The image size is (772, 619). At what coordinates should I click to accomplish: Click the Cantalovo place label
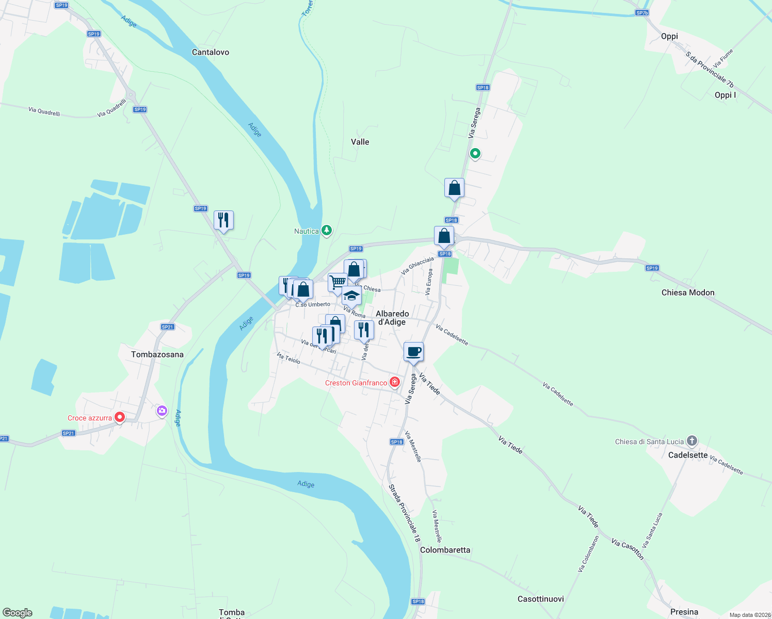tap(210, 52)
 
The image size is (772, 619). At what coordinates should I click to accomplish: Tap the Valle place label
tap(360, 142)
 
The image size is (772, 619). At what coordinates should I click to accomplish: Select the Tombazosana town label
tap(157, 354)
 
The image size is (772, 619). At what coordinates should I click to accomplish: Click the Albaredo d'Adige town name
tap(392, 318)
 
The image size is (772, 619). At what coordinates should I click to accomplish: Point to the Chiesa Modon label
tap(688, 292)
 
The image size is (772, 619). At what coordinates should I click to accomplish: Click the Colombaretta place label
tap(445, 550)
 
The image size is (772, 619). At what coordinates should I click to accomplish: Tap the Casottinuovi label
tap(540, 599)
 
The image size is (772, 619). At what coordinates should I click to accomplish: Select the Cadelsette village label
tap(687, 455)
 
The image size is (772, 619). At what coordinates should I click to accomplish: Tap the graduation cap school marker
tap(351, 296)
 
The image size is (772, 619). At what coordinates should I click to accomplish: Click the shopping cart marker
tap(337, 282)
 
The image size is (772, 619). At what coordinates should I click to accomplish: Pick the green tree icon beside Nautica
tap(327, 230)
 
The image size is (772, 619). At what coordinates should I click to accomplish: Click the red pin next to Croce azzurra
tap(120, 417)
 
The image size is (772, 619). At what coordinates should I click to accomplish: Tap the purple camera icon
tap(162, 411)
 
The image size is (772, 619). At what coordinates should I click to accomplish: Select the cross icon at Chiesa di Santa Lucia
tap(692, 441)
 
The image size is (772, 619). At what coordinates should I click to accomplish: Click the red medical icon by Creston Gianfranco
tap(395, 382)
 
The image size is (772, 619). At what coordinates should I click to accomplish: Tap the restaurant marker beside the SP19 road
tap(223, 220)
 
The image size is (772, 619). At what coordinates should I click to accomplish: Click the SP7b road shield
tap(641, 13)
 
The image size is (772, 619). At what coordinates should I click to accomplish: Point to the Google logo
tap(18, 612)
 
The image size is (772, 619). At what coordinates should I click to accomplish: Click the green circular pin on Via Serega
tap(475, 153)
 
